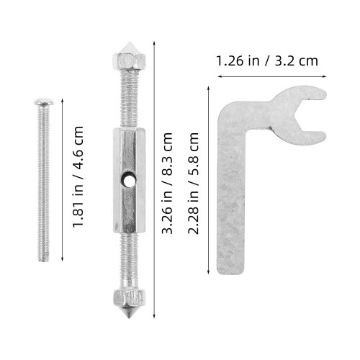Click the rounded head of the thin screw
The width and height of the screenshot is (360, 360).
tap(44, 102)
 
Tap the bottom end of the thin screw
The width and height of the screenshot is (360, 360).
tap(44, 261)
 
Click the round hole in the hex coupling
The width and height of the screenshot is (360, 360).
tap(127, 180)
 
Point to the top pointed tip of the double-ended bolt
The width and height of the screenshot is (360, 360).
tap(129, 42)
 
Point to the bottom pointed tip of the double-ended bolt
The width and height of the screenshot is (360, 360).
tap(129, 318)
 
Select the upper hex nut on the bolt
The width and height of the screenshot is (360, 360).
tap(129, 60)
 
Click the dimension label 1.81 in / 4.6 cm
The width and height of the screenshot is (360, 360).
tap(78, 176)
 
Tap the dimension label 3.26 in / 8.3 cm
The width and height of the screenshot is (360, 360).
tap(167, 183)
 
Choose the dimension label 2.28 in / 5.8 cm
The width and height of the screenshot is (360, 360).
tap(193, 183)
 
